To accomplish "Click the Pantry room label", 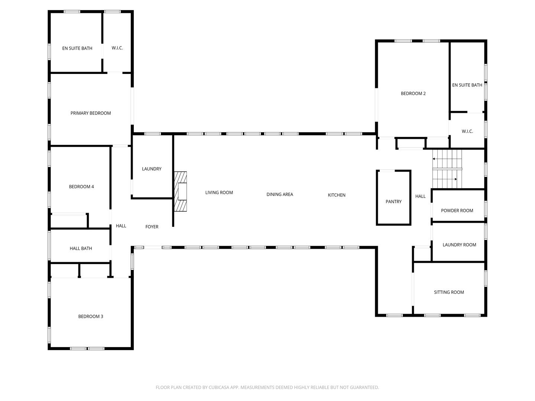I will pos(393,202).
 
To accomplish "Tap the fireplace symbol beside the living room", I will pos(181,192).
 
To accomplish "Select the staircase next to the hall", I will pos(447,169).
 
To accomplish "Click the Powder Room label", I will pos(457,211).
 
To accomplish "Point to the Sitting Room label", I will pos(449,292).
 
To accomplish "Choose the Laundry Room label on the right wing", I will pos(459,245).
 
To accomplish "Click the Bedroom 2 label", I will pos(413,94).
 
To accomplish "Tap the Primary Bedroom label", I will pos(91,113).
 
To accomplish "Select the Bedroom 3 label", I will pos(91,316).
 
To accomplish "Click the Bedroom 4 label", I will pos(81,187).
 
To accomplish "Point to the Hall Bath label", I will pos(81,248).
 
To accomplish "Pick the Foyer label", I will pos(152,227).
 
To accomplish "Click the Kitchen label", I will pos(337,195).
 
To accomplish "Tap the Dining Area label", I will pos(280,195).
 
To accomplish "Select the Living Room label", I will pos(219,192).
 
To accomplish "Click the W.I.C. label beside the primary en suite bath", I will pos(117,48).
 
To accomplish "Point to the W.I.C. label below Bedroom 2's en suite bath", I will pos(467,131).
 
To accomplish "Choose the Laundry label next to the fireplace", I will pos(152,169).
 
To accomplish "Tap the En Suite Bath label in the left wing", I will pos(77,48).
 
